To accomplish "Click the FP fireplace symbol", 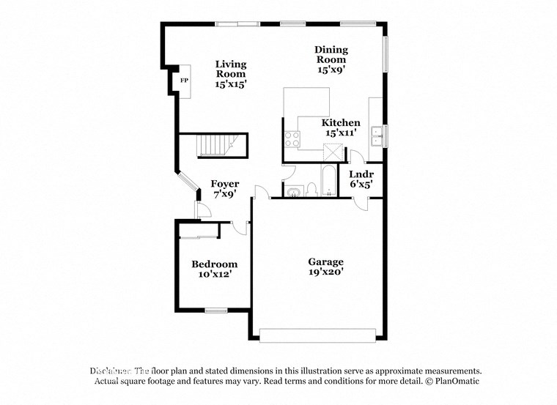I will tap(185, 80).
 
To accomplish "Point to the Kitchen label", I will tap(341, 127).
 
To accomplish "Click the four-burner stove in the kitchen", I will tap(292, 139).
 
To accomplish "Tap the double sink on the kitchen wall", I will tap(377, 135).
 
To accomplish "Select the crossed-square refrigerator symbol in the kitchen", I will tap(334, 152).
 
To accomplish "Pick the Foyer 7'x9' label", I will tap(225, 189).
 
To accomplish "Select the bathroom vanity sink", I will tap(293, 192).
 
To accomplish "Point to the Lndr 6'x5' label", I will tap(361, 179).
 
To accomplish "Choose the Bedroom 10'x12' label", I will tap(214, 269).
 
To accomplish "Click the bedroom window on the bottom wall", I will tap(215, 311).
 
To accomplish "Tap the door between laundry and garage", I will tap(360, 204).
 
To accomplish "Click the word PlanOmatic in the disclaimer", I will tap(455, 382).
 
